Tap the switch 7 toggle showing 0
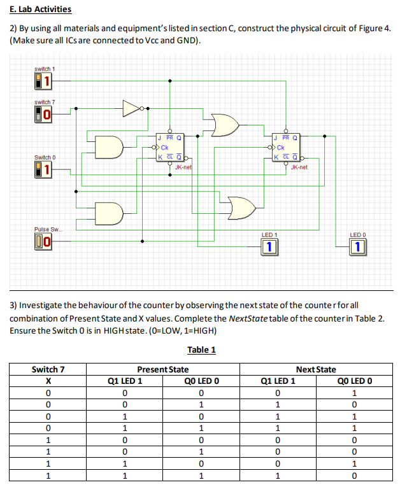click(43, 114)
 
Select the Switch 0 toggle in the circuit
click(43, 169)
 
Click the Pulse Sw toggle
click(43, 241)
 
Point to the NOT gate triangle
click(131, 109)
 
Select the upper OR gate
click(226, 125)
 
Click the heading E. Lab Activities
click(41, 10)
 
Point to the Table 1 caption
click(202, 349)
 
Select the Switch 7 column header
click(48, 369)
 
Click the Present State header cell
click(163, 369)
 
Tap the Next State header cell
click(316, 369)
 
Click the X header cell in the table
click(48, 381)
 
